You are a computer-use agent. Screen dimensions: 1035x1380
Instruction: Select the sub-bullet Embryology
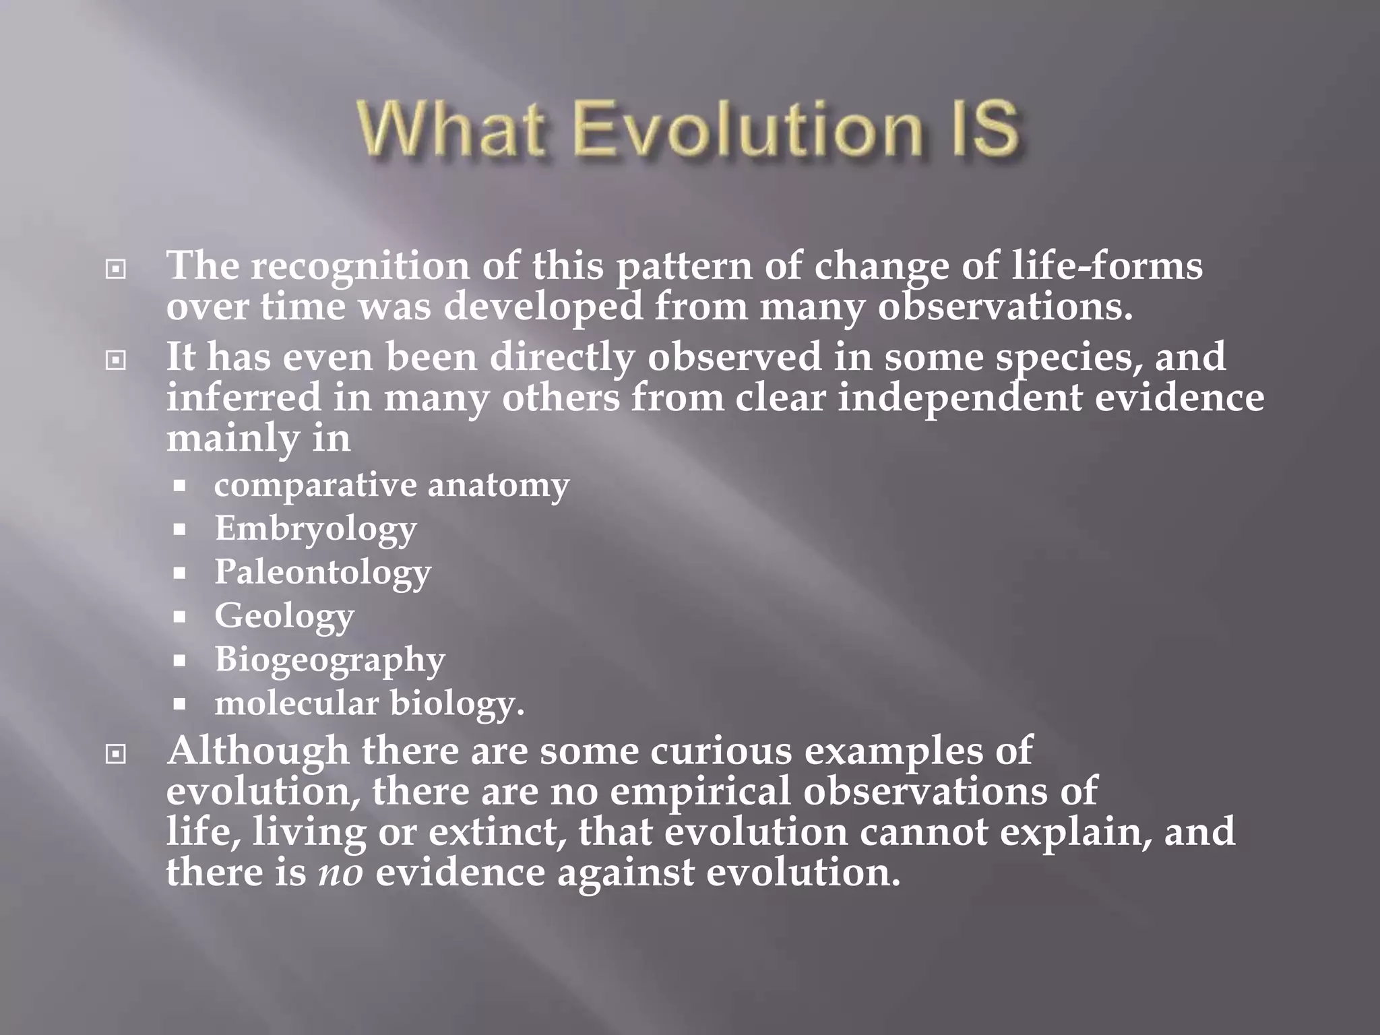[315, 529]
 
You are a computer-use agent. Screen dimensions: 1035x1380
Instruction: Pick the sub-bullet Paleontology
[323, 573]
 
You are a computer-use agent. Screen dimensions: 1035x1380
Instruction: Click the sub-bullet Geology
[284, 616]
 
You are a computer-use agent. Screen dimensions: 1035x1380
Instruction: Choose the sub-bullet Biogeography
[330, 660]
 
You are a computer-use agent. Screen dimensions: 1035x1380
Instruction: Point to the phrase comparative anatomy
[391, 485]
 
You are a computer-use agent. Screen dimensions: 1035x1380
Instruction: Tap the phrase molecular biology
[369, 703]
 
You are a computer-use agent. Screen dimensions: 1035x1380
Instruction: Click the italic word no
[340, 873]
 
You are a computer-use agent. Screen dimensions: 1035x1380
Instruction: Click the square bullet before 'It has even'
[116, 360]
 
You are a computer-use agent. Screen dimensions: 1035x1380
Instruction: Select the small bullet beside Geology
[179, 617]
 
